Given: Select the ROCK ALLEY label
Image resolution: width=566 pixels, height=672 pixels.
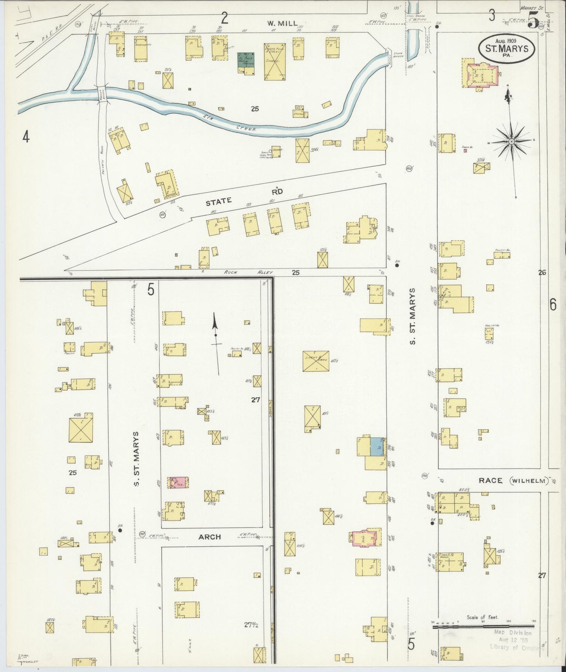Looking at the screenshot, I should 248,272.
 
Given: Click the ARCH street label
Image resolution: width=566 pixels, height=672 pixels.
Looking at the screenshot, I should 210,537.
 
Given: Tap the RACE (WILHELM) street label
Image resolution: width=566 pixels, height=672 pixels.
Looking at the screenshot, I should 513,480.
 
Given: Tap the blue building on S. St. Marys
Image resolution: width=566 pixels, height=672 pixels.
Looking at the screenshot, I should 377,446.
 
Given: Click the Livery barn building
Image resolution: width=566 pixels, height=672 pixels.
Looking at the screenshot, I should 316,361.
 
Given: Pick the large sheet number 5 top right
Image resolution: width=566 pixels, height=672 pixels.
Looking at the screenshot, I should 533,20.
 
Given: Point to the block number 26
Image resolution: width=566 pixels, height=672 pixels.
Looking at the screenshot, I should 542,272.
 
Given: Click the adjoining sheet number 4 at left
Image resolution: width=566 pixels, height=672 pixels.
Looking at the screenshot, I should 26,137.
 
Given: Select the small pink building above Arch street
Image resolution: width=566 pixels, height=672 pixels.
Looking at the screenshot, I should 178,482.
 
